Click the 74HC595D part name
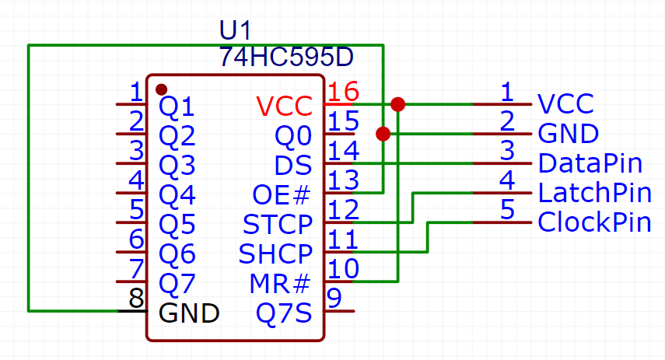click(x=286, y=57)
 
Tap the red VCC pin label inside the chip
click(x=284, y=105)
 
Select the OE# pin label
click(x=282, y=194)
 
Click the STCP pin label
click(x=277, y=224)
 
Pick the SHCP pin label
click(x=275, y=253)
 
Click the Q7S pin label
click(x=284, y=313)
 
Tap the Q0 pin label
click(x=293, y=135)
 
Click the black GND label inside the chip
click(x=189, y=313)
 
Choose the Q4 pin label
click(x=177, y=194)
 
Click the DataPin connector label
click(x=590, y=163)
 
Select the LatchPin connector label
click(x=594, y=193)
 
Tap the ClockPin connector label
click(x=594, y=222)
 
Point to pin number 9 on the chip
click(x=334, y=298)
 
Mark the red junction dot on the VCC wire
click(x=397, y=104)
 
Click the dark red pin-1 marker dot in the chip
click(x=161, y=89)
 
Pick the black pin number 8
click(x=136, y=299)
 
